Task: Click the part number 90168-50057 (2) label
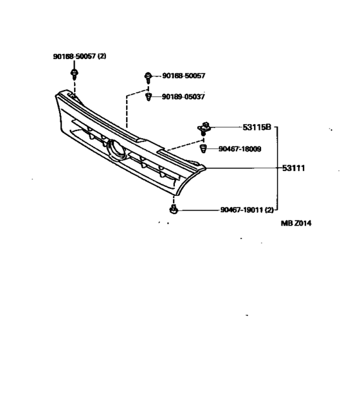(80, 57)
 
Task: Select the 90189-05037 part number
(183, 96)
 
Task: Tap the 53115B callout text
(256, 127)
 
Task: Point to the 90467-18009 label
(240, 149)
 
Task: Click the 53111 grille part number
(294, 168)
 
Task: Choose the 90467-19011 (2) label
(247, 210)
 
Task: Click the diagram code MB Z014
(296, 223)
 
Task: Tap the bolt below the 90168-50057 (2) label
(74, 74)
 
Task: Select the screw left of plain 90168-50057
(148, 77)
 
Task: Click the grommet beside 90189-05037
(148, 97)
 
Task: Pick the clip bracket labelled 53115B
(204, 129)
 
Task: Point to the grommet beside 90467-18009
(203, 148)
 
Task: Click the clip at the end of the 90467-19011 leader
(174, 209)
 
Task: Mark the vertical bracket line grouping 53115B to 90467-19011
(278, 168)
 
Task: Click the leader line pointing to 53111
(244, 168)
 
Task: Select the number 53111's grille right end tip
(206, 168)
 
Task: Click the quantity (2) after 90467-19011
(269, 210)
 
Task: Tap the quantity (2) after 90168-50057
(102, 57)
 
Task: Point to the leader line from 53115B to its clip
(226, 127)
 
